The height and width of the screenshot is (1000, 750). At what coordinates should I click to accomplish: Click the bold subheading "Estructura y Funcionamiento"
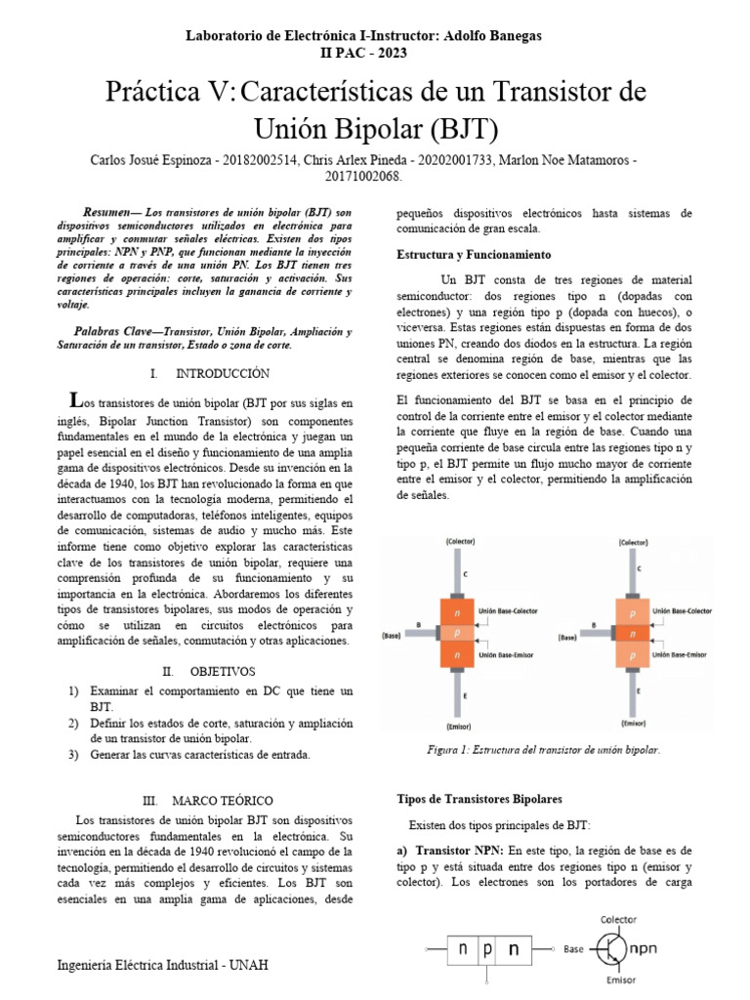pyautogui.click(x=474, y=254)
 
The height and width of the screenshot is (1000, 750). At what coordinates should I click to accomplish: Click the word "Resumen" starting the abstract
pyautogui.click(x=111, y=212)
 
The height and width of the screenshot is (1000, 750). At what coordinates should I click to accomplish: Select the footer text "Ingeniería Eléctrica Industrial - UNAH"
pyautogui.click(x=164, y=966)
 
